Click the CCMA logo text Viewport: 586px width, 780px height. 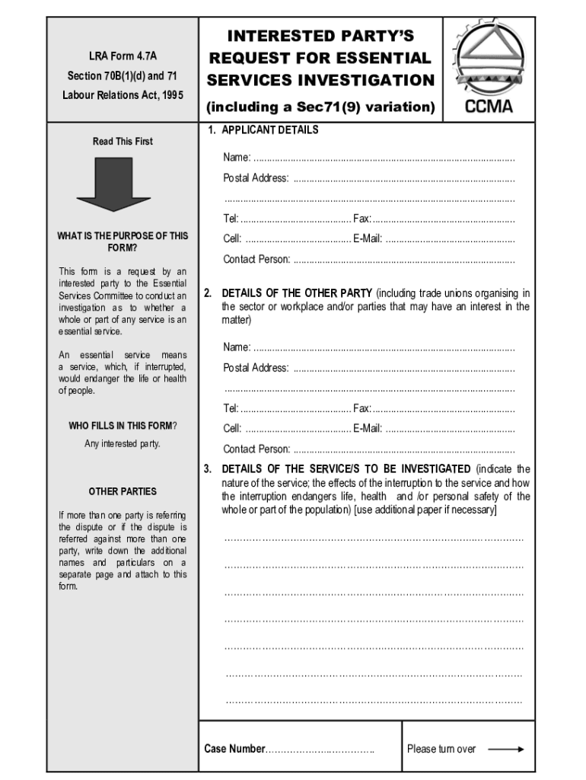[489, 105]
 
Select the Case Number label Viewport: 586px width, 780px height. [234, 749]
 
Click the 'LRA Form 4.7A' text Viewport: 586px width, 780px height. [123, 56]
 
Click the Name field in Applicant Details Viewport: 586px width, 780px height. [384, 158]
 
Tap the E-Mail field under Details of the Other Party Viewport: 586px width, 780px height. [450, 429]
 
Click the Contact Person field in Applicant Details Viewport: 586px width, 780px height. [403, 260]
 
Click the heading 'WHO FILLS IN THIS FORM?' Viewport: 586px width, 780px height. [123, 426]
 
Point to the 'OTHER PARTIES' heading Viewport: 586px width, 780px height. [123, 491]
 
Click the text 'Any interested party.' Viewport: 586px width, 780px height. [123, 444]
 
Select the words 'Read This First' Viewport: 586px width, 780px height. [123, 142]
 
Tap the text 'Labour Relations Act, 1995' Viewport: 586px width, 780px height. [123, 95]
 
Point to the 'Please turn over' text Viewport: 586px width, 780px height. [441, 749]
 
